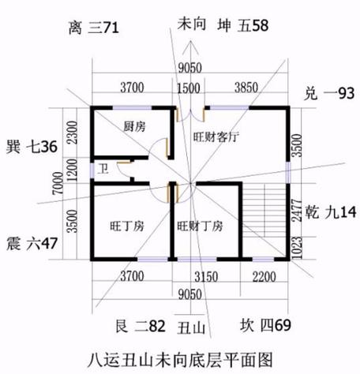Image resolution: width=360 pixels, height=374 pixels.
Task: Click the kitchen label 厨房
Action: (134, 126)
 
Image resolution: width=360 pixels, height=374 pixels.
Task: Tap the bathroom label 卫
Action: (103, 169)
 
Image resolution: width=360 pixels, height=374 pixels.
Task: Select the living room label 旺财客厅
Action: (216, 137)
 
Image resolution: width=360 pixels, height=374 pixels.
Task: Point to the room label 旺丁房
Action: (127, 226)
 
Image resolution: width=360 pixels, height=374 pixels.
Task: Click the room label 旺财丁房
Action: (200, 226)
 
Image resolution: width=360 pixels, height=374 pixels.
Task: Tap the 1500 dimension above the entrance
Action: (189, 88)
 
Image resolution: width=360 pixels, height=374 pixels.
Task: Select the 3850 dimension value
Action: (246, 88)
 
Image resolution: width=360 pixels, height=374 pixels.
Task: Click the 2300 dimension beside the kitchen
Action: (72, 133)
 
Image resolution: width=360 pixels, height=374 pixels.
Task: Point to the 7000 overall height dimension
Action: (58, 183)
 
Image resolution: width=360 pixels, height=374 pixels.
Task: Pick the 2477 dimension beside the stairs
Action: (297, 211)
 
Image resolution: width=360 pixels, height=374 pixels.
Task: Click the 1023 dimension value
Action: (297, 248)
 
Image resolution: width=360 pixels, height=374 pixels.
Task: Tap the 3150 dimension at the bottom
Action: (206, 277)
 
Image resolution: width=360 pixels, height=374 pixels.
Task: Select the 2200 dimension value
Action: (264, 277)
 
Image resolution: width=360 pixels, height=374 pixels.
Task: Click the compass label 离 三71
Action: (94, 28)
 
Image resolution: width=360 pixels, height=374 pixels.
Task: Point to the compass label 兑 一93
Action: (329, 93)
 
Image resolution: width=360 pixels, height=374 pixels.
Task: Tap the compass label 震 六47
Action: (32, 243)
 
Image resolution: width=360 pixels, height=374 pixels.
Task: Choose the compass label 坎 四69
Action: (265, 325)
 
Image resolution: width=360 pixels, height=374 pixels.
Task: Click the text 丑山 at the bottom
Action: (191, 328)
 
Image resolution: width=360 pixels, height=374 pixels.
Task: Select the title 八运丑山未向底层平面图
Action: (180, 360)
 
